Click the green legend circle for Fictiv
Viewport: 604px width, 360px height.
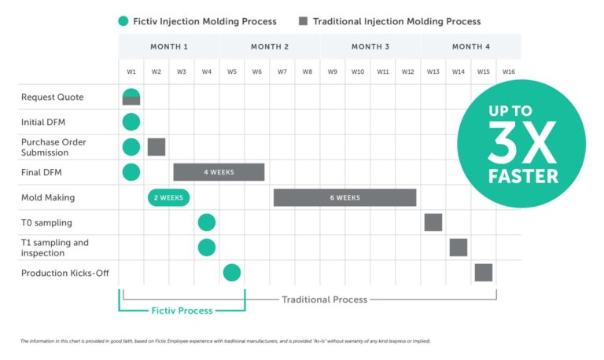tap(124, 21)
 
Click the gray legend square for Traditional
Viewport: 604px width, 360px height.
tap(302, 21)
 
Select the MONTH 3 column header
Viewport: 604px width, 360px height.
tap(370, 46)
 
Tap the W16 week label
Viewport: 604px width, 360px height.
tap(508, 72)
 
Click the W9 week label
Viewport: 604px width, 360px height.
tap(333, 72)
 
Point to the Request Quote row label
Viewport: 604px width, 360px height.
tap(52, 97)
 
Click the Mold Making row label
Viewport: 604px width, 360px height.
tap(48, 197)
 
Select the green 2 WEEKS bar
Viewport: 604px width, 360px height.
tap(168, 197)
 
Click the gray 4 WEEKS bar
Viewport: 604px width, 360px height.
tap(219, 172)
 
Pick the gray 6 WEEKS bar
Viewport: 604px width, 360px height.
tap(344, 197)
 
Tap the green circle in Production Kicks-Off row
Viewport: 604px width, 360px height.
tap(231, 273)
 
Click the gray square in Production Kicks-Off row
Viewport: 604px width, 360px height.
tap(484, 273)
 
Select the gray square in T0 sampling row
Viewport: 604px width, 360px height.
tap(433, 222)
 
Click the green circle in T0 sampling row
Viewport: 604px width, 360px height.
tap(206, 222)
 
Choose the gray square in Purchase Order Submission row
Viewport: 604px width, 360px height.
tap(157, 147)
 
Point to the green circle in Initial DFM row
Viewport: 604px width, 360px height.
tap(131, 122)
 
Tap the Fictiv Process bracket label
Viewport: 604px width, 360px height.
tap(182, 310)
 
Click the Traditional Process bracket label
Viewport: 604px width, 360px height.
tap(325, 299)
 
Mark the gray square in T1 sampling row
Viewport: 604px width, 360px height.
tap(459, 248)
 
